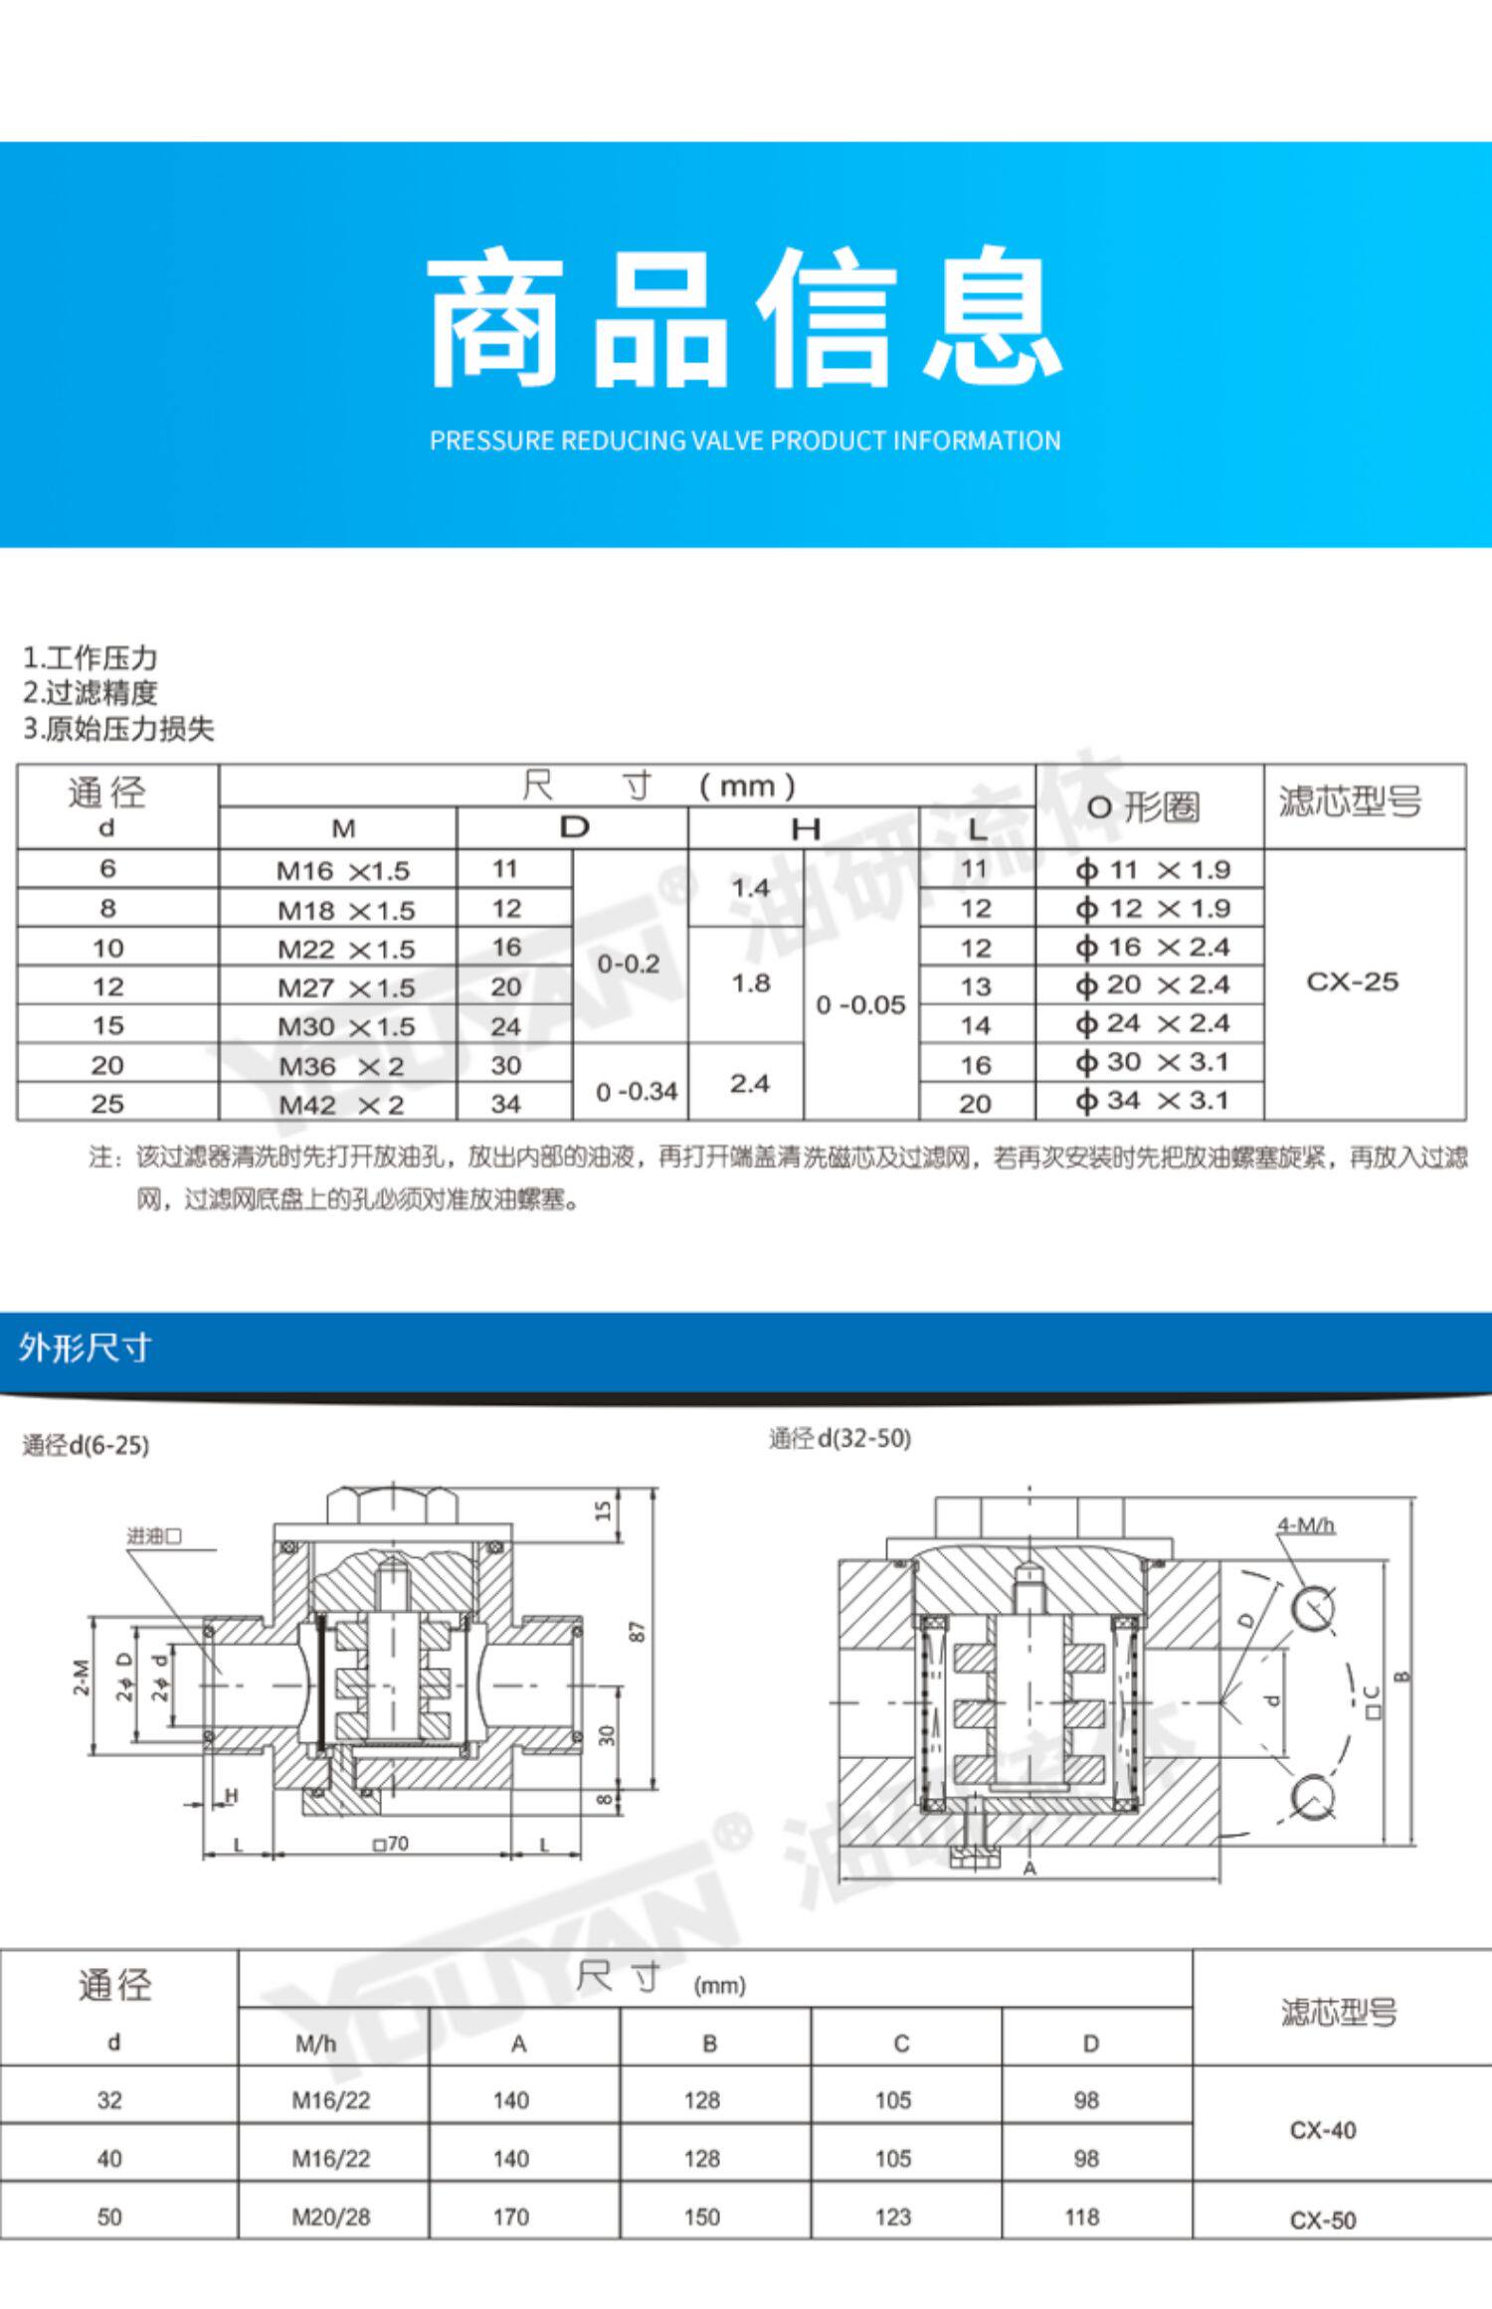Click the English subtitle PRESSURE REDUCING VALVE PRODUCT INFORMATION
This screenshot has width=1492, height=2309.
click(x=745, y=441)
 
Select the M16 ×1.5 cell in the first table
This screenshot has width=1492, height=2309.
click(x=343, y=871)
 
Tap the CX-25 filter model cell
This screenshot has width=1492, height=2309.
click(x=1352, y=981)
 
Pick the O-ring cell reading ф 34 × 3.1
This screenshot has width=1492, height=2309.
click(x=1153, y=1101)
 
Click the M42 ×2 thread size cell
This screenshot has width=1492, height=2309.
click(x=341, y=1105)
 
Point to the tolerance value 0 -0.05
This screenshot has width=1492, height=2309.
click(x=860, y=1005)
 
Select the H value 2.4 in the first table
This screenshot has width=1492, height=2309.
click(x=749, y=1083)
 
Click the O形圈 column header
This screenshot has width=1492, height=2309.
click(x=1143, y=807)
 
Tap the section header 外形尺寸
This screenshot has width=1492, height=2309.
click(x=85, y=1348)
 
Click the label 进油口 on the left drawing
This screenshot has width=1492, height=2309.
click(x=154, y=1536)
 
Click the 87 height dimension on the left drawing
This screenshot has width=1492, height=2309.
click(x=638, y=1632)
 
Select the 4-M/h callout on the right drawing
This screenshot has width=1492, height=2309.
click(x=1306, y=1525)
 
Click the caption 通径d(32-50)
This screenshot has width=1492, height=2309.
click(x=839, y=1439)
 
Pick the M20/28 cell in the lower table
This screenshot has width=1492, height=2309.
click(x=331, y=2217)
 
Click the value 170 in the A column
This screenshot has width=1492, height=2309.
click(x=510, y=2217)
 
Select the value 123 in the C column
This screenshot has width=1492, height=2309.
click(x=893, y=2217)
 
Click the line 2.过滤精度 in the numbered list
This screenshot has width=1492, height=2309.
click(x=91, y=693)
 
